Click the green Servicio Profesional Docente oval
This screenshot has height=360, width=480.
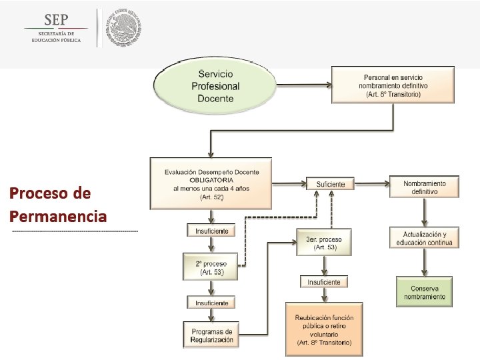(x=215, y=87)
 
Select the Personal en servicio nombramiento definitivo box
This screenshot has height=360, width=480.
(x=393, y=84)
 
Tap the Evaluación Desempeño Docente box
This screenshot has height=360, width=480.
(x=211, y=181)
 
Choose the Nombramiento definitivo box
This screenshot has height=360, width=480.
(x=424, y=187)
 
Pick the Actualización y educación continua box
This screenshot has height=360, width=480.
(x=424, y=237)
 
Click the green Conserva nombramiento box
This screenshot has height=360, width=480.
(x=424, y=292)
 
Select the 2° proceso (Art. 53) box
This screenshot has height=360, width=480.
(x=211, y=268)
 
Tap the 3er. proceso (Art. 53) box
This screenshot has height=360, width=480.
(x=323, y=243)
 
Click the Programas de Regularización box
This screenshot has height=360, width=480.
(x=211, y=335)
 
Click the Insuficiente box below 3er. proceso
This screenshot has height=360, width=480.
(x=324, y=282)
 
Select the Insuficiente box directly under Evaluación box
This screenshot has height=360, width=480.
(x=211, y=231)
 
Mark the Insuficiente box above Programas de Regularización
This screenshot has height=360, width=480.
(x=211, y=303)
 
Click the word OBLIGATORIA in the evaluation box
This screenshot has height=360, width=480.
(x=211, y=181)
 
